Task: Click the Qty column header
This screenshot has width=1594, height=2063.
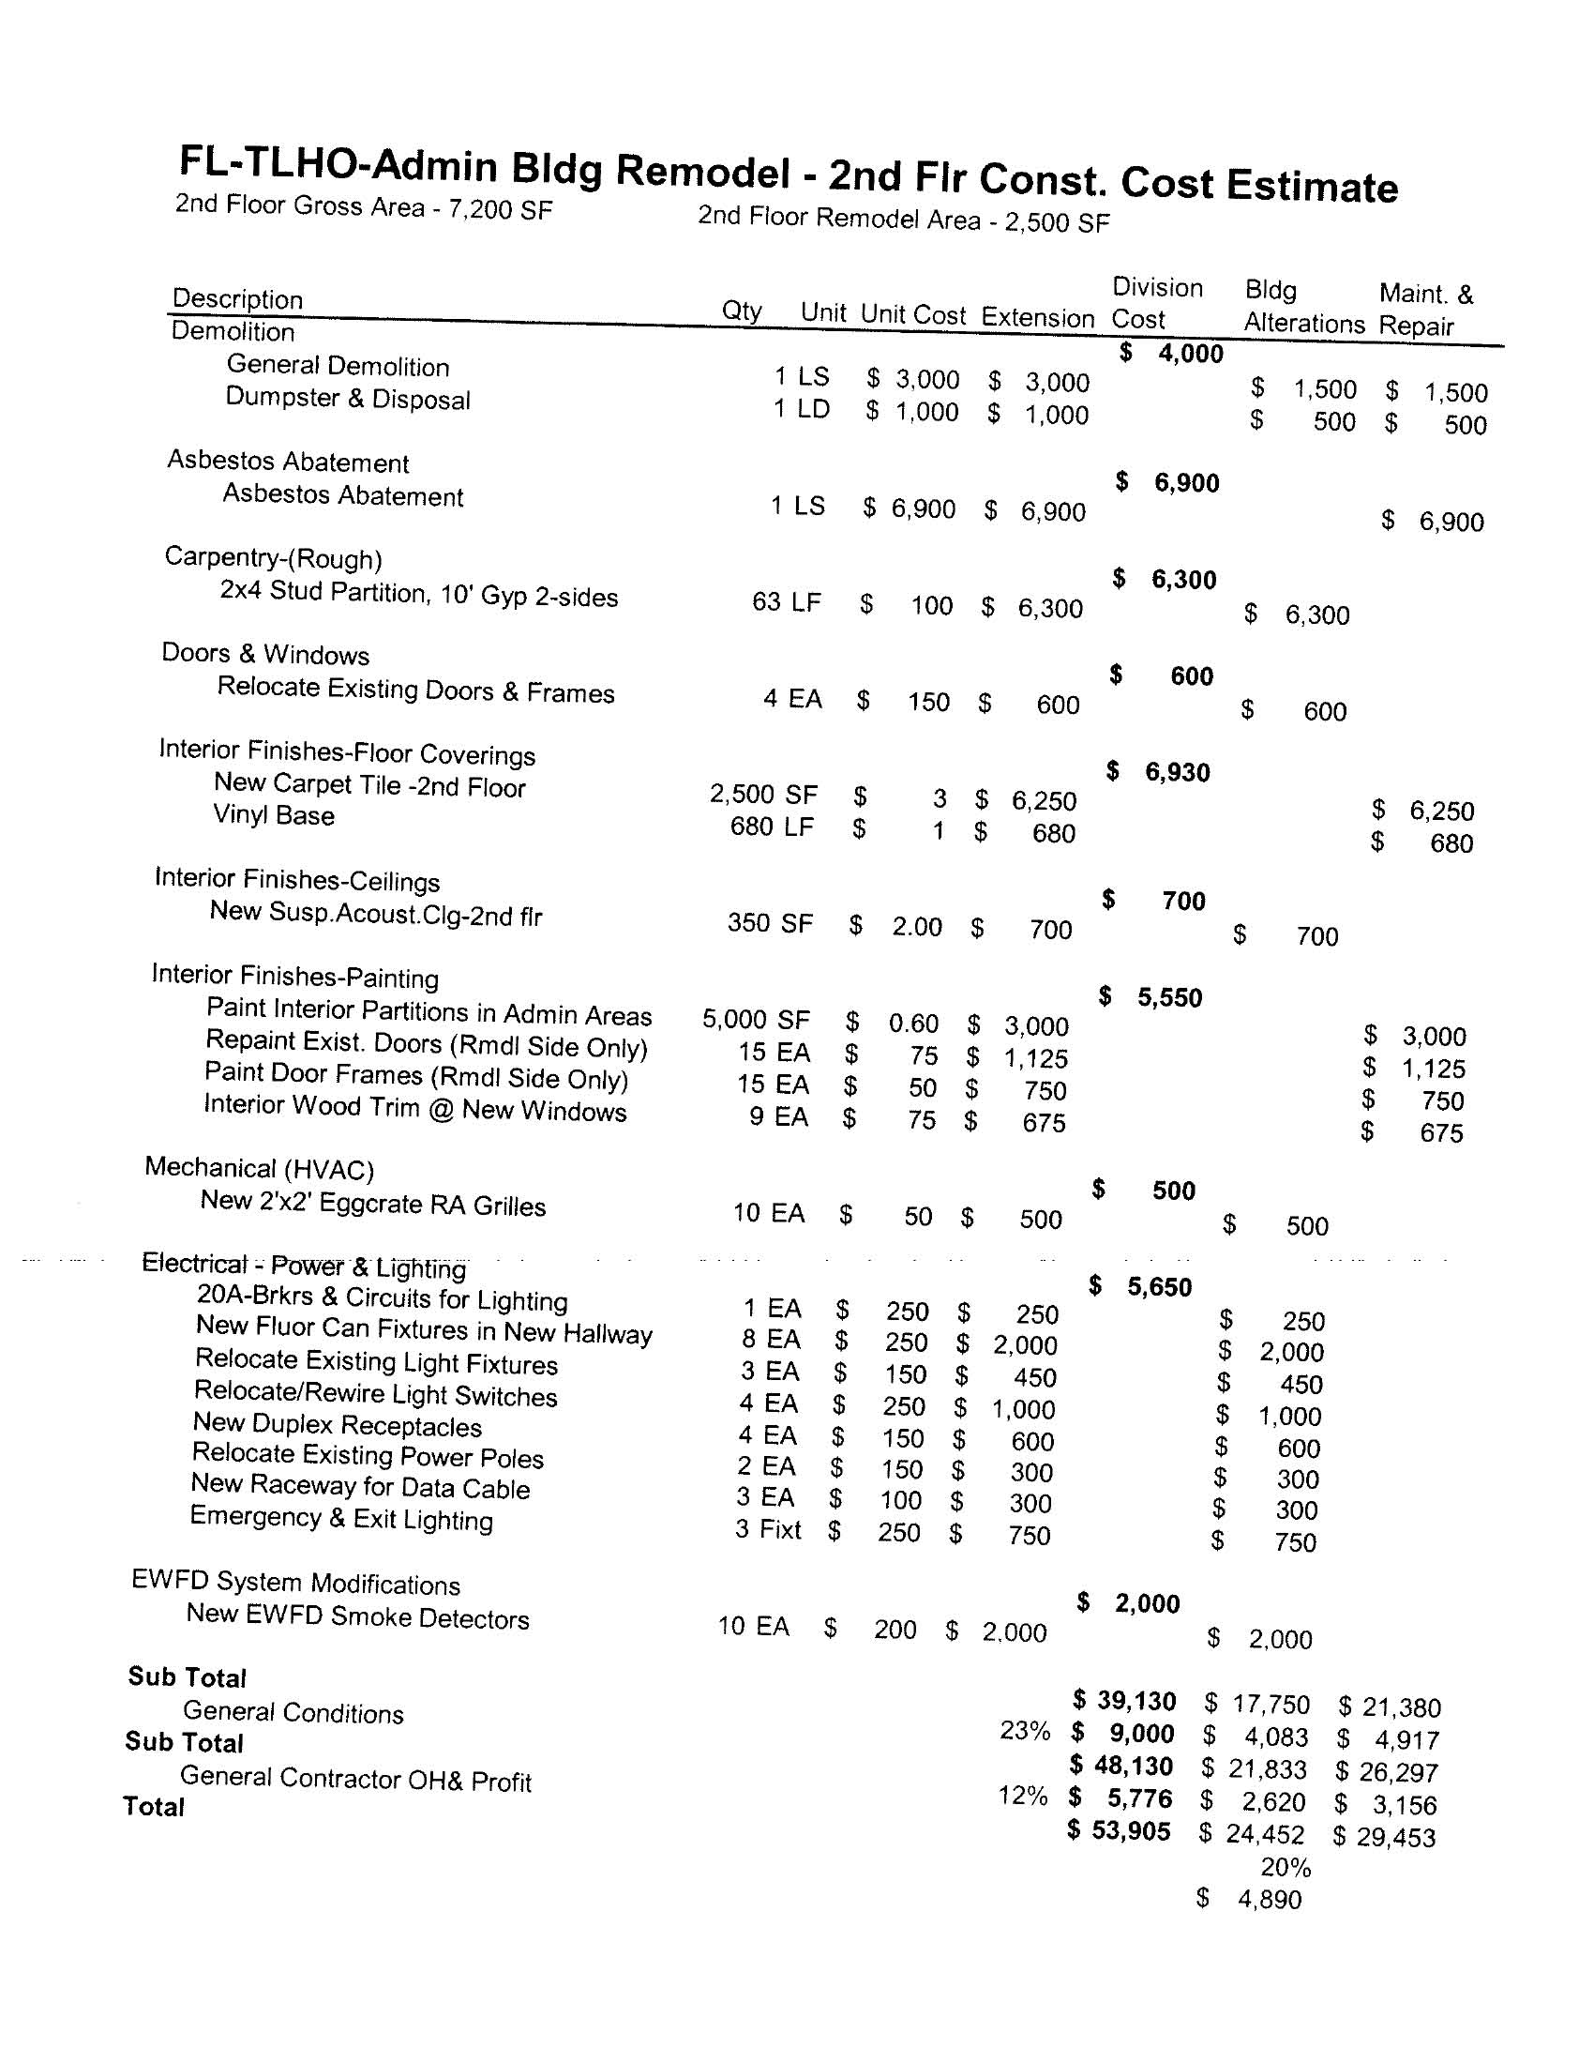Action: pyautogui.click(x=742, y=311)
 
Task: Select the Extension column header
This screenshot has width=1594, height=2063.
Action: pyautogui.click(x=1037, y=317)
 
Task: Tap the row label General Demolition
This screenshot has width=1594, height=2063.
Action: pyautogui.click(x=338, y=366)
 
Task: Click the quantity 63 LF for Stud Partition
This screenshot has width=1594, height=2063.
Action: pyautogui.click(x=786, y=601)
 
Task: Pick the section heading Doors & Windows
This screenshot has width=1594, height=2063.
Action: pyautogui.click(x=265, y=654)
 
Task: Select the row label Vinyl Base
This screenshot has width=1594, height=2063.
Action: pyautogui.click(x=273, y=815)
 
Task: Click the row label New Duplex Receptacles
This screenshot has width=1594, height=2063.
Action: pyautogui.click(x=338, y=1424)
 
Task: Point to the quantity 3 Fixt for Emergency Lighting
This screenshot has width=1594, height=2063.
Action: pyautogui.click(x=768, y=1529)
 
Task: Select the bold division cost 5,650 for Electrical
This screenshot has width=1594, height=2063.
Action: pyautogui.click(x=1159, y=1287)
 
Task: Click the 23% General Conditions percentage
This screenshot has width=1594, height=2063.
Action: pyautogui.click(x=1025, y=1731)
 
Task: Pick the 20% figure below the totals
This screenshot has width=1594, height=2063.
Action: pyautogui.click(x=1286, y=1868)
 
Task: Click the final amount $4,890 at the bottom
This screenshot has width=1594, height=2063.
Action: pyautogui.click(x=1270, y=1900)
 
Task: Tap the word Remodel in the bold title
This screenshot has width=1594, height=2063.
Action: pyautogui.click(x=702, y=171)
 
